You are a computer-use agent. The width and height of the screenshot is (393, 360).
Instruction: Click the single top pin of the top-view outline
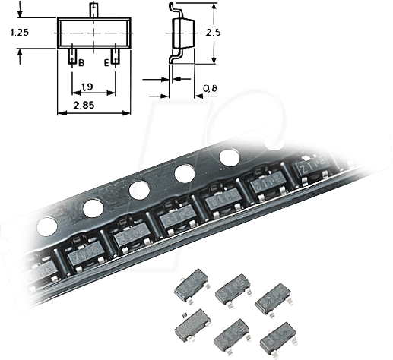click(93, 11)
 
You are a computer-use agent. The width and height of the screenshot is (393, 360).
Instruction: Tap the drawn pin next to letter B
click(71, 55)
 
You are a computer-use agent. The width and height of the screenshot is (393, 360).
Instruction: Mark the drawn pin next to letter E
click(116, 55)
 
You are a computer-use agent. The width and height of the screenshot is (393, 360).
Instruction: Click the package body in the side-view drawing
click(181, 34)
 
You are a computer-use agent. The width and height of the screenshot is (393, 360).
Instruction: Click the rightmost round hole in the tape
click(228, 158)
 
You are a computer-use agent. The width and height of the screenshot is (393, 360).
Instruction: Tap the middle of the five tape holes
click(138, 189)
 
